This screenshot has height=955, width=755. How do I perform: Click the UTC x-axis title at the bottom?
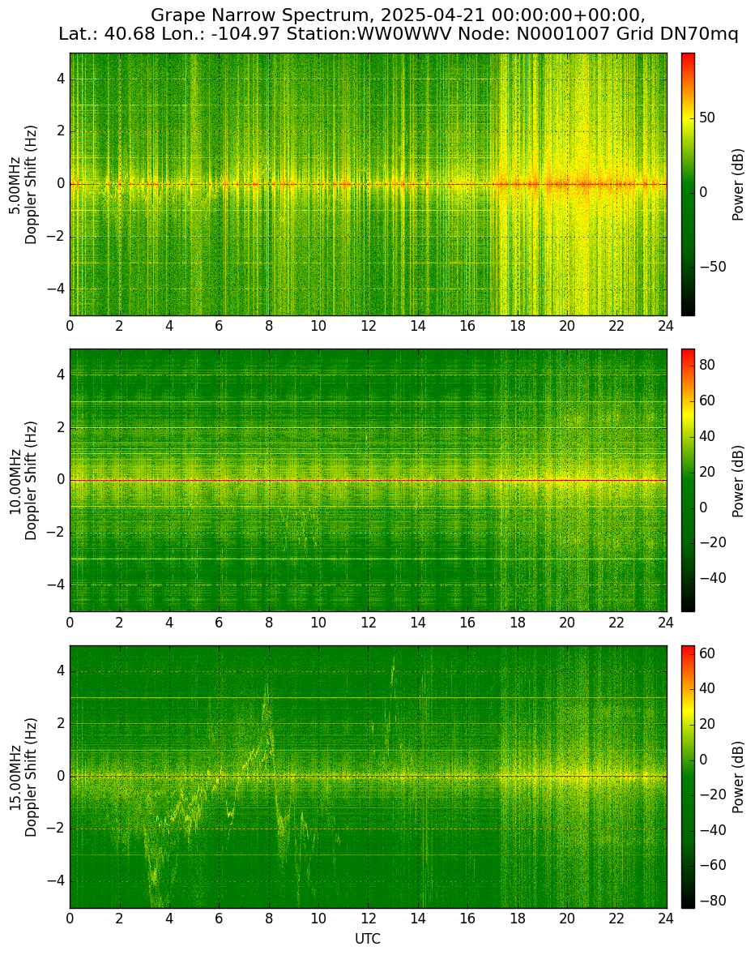[368, 939]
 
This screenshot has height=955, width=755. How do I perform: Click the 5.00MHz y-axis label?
[15, 185]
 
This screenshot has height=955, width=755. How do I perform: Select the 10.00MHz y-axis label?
[15, 481]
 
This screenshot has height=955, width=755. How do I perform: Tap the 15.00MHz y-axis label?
[15, 777]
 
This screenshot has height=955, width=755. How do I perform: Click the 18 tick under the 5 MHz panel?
[517, 327]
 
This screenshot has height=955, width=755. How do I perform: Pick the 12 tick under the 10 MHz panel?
[368, 623]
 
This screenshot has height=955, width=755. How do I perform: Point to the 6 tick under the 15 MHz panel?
[219, 919]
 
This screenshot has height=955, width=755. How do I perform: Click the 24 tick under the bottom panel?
[666, 919]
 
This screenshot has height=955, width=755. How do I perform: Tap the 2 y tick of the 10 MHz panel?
[62, 428]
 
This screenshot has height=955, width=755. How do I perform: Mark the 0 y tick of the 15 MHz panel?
[62, 777]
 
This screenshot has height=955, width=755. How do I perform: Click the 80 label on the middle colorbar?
[707, 365]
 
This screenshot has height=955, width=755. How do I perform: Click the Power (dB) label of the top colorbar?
[738, 185]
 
